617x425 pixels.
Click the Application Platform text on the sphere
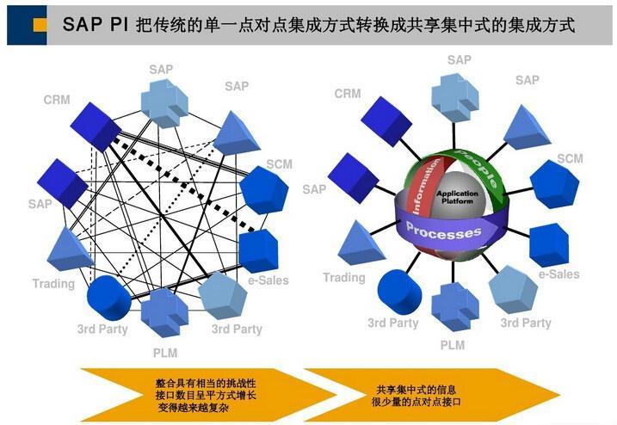[457, 199]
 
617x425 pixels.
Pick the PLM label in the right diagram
[452, 345]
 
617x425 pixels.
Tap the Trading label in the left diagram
[53, 284]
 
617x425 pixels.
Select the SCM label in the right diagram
[570, 158]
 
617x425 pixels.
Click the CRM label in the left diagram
[57, 101]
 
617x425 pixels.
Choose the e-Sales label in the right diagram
[558, 274]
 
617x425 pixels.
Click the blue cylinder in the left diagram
[109, 298]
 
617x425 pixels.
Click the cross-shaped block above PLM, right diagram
[451, 305]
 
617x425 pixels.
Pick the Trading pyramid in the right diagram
[359, 243]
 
